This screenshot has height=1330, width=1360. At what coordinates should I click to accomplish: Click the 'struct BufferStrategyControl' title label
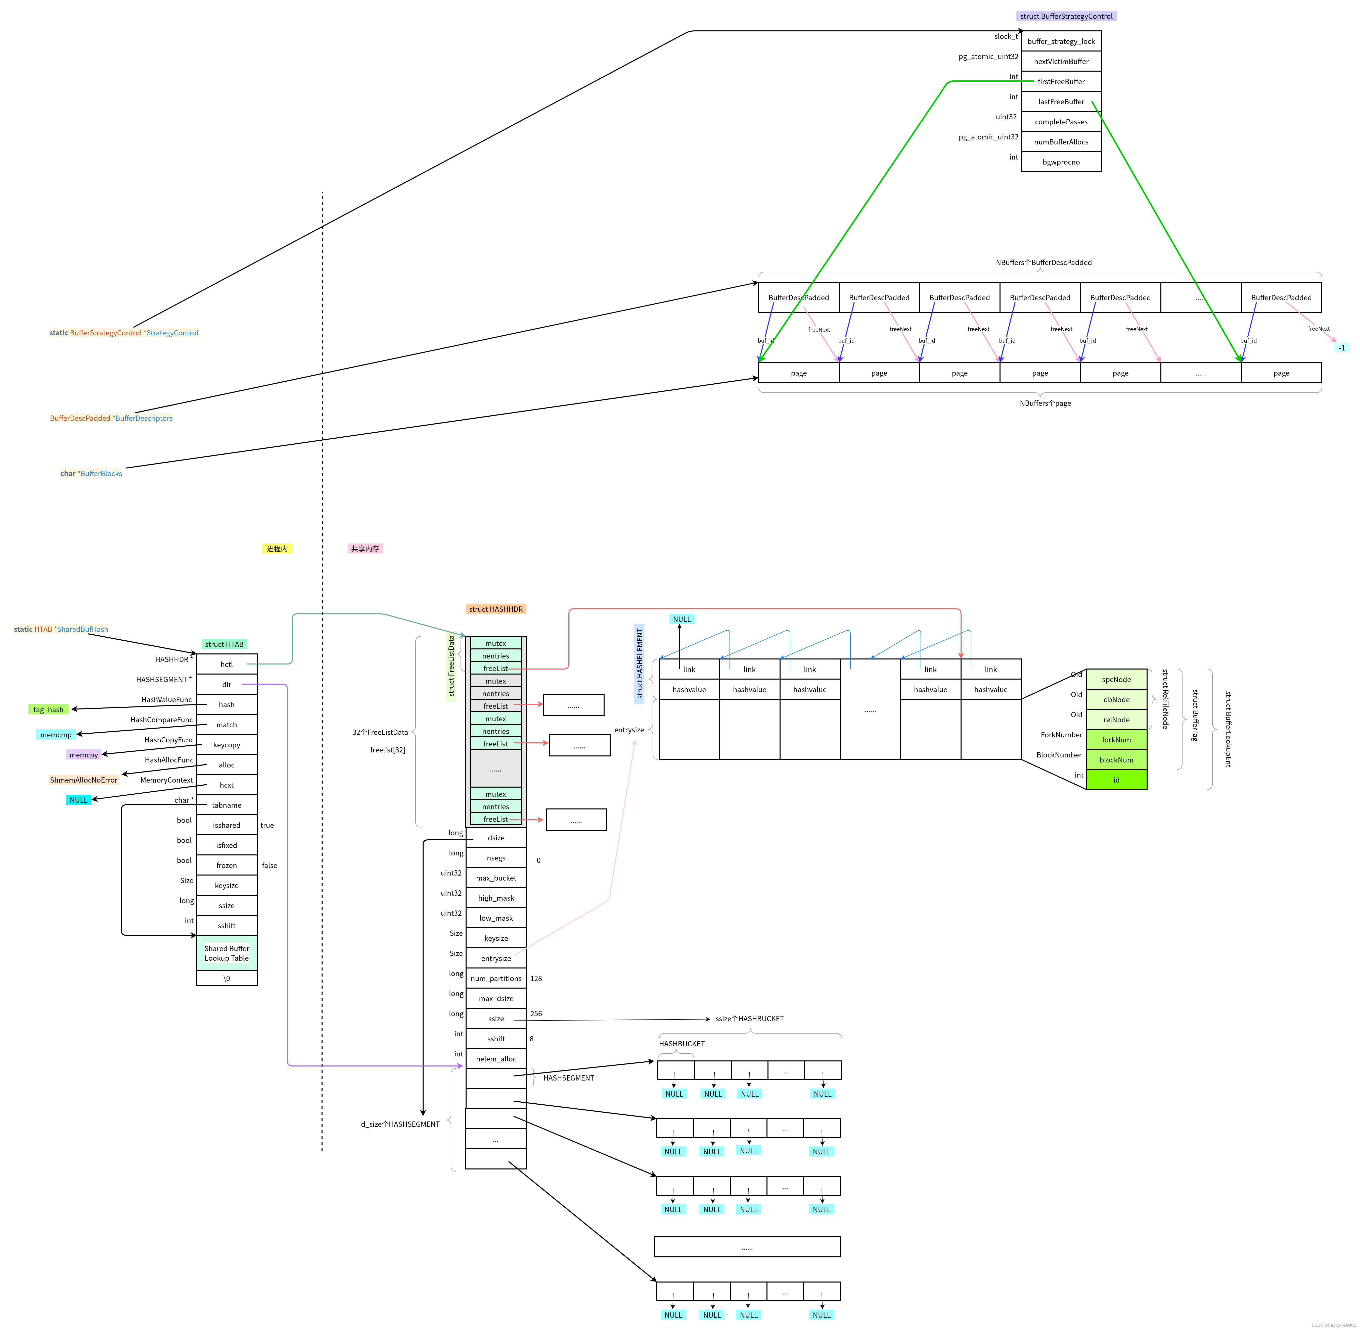pyautogui.click(x=1066, y=16)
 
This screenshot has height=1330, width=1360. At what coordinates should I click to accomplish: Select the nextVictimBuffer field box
pyautogui.click(x=1061, y=62)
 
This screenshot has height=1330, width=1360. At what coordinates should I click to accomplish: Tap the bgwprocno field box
pyautogui.click(x=1061, y=162)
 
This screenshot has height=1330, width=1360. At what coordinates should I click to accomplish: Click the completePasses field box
pyautogui.click(x=1061, y=122)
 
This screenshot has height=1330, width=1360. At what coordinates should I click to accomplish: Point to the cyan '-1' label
pyautogui.click(x=1341, y=348)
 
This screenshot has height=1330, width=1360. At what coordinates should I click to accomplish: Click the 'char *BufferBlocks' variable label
pyautogui.click(x=91, y=474)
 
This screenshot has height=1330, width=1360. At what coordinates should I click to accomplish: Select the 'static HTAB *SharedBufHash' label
pyautogui.click(x=61, y=629)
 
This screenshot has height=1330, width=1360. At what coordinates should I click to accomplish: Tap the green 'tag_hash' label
pyautogui.click(x=48, y=710)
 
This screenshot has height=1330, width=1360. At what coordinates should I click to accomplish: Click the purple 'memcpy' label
pyautogui.click(x=84, y=755)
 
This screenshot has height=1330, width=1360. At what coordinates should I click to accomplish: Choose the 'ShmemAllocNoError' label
pyautogui.click(x=83, y=780)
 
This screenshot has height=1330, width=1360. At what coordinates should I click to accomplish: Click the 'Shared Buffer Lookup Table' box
pyautogui.click(x=226, y=953)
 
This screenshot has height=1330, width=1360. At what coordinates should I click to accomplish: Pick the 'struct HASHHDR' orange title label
pyautogui.click(x=495, y=609)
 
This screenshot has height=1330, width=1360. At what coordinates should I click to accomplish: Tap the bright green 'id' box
pyautogui.click(x=1116, y=780)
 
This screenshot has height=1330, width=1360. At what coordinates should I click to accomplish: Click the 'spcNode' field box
pyautogui.click(x=1116, y=680)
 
